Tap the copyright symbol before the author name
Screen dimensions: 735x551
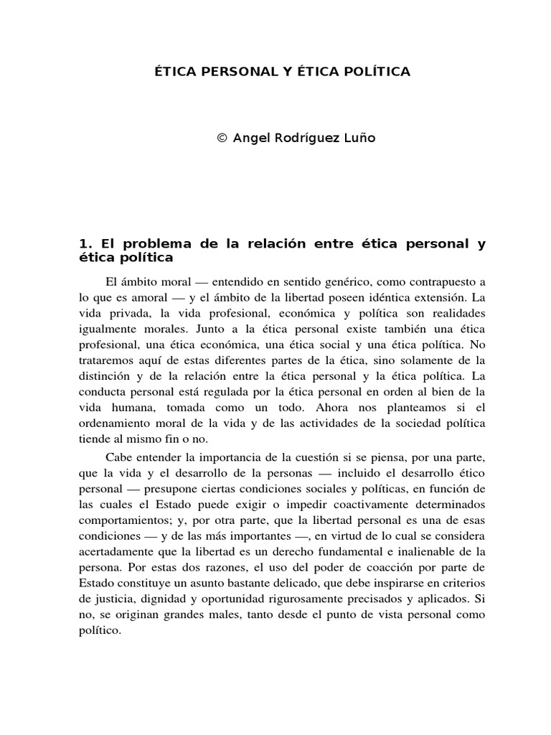pos(221,138)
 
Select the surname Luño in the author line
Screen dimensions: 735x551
pos(359,138)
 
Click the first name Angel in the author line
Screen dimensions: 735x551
pos(253,138)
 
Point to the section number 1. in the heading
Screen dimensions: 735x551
pos(85,244)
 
